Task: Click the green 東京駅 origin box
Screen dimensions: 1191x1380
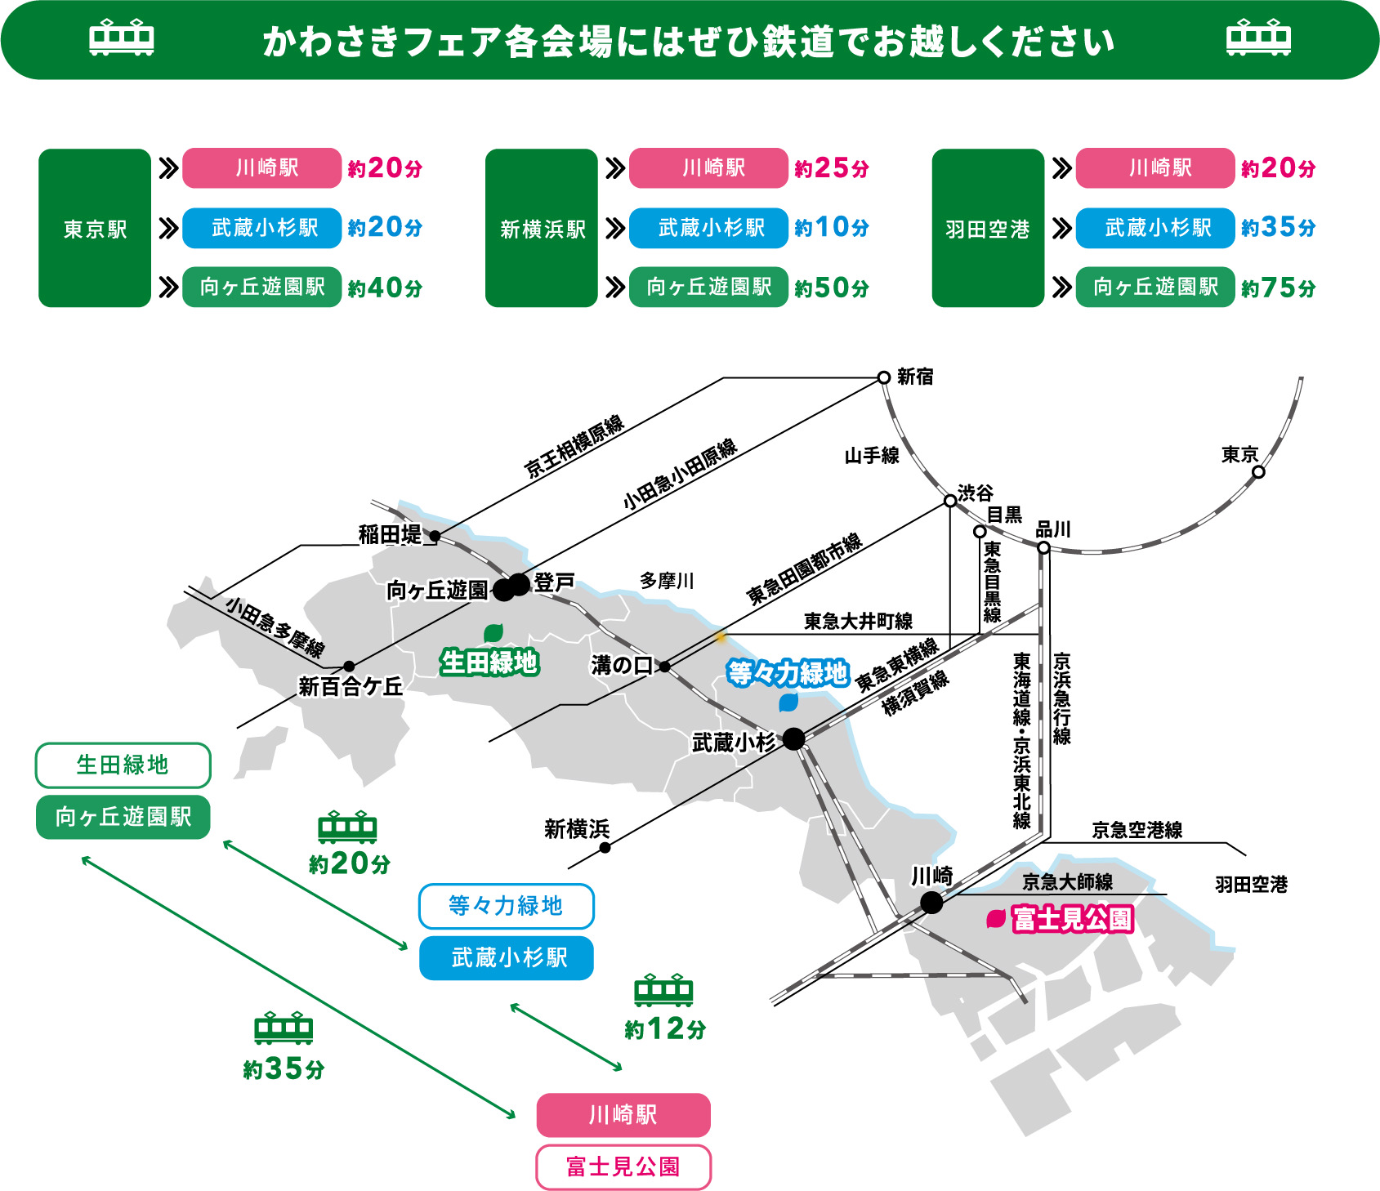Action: point(95,228)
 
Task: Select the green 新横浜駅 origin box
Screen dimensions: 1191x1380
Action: point(542,228)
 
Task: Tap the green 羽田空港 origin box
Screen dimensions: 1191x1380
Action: point(988,228)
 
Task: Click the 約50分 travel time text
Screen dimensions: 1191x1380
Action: point(832,288)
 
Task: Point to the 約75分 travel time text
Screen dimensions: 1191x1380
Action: point(1279,288)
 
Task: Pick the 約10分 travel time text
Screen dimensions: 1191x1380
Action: point(832,227)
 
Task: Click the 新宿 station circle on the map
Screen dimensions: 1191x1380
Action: point(883,377)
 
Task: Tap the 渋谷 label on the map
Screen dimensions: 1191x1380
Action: point(976,493)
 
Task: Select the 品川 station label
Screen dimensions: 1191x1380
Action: point(1053,529)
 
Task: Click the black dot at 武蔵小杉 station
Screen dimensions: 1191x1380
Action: point(793,739)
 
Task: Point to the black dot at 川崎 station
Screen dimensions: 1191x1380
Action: point(931,903)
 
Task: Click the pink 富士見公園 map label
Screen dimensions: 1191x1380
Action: point(1072,919)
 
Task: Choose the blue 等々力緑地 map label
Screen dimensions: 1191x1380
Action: point(788,673)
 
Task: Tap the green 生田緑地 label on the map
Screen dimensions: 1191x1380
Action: point(489,662)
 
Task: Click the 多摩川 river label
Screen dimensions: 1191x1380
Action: point(667,581)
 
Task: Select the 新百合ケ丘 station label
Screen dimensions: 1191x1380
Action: point(351,686)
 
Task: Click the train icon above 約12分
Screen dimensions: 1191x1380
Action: point(663,990)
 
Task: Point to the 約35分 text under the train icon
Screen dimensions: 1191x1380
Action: point(284,1068)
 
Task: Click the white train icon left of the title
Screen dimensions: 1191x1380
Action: point(121,38)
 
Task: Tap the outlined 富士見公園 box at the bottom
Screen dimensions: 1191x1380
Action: point(623,1166)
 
